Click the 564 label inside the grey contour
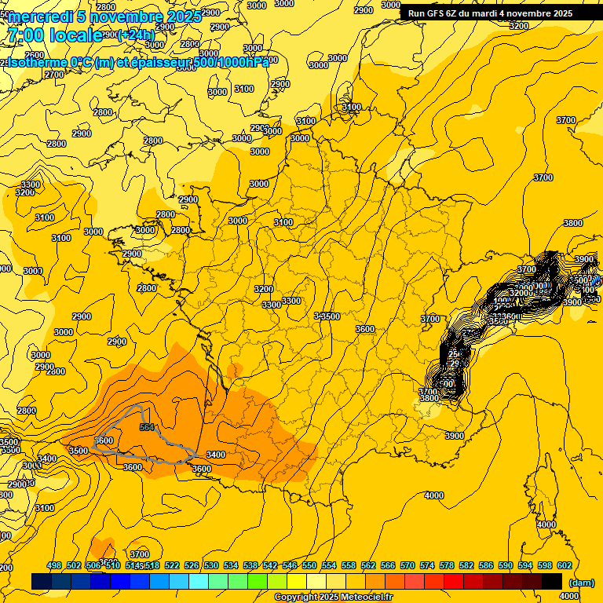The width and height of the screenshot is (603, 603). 146,427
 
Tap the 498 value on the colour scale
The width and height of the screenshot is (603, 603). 54,565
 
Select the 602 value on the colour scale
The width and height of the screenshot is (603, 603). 565,565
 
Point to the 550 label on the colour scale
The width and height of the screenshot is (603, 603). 309,565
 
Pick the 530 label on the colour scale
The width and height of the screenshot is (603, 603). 211,565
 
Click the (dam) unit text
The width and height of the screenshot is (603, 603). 580,583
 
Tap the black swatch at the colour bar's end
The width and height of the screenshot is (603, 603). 552,581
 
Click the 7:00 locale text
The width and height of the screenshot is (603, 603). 53,35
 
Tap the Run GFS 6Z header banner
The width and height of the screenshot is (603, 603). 487,13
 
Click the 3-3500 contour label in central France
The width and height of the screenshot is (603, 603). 326,316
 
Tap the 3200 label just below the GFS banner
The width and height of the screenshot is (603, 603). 518,26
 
